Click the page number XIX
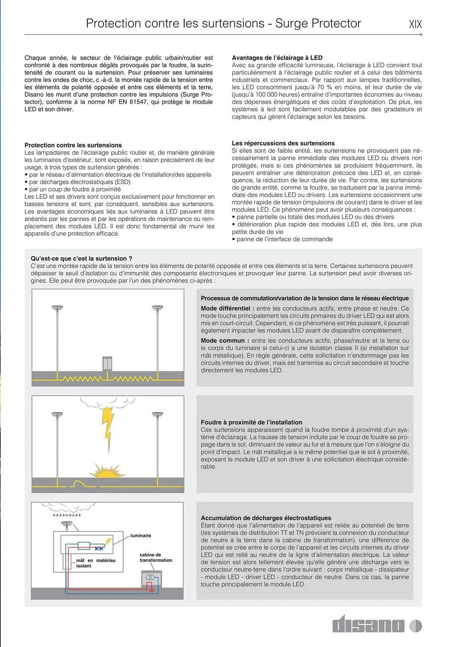415,24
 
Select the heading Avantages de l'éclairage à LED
277,58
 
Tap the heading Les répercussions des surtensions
283,143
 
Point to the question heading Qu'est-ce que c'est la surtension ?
81,258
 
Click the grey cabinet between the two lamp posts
107,364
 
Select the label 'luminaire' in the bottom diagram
141,535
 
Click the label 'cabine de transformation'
156,557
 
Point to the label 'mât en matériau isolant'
95,563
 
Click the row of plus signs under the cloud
67,515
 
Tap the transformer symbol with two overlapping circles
150,577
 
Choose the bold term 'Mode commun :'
225,340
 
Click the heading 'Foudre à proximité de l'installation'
251,422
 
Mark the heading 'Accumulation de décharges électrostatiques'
266,518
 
